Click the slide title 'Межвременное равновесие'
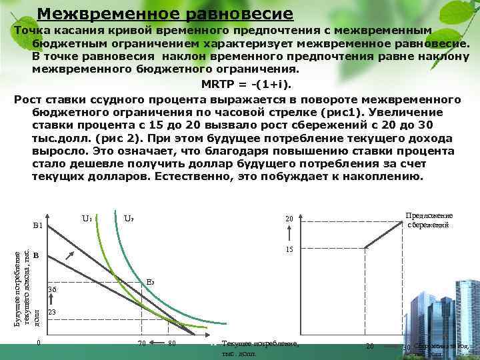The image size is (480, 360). [x=165, y=13]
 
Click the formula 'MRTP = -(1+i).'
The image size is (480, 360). [x=246, y=84]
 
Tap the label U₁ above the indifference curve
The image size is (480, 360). [x=87, y=218]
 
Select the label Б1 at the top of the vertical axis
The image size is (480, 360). [x=37, y=226]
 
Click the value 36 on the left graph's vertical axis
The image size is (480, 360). [x=53, y=290]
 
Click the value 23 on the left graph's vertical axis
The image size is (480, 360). [x=53, y=312]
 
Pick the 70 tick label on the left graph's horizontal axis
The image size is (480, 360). [x=141, y=344]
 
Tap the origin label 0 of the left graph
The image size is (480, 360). [x=39, y=343]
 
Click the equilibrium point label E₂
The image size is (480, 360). [x=151, y=283]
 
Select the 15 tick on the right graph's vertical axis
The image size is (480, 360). [x=289, y=249]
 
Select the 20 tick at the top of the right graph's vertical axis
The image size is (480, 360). [x=289, y=219]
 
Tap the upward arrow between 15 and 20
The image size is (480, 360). [x=289, y=234]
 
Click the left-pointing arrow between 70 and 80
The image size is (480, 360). [x=157, y=344]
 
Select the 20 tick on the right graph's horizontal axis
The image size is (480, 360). [x=370, y=346]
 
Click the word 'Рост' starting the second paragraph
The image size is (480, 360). [x=27, y=99]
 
